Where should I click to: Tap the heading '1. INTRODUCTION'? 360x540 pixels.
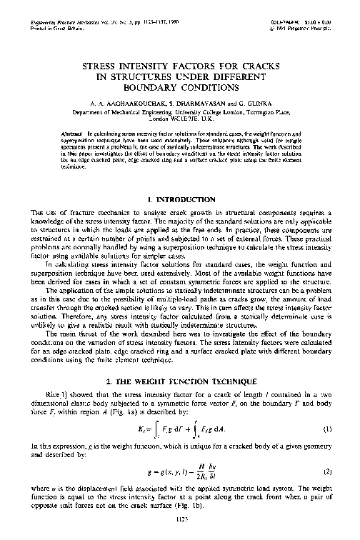(x=179, y=199)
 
